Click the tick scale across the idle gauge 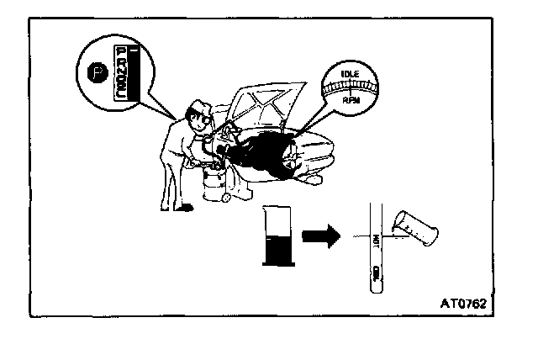(351, 87)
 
